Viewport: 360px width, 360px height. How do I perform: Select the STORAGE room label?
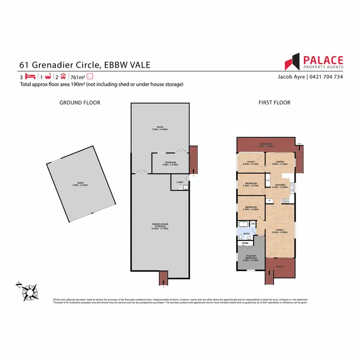pos(170,162)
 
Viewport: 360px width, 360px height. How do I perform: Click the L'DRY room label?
pos(180,181)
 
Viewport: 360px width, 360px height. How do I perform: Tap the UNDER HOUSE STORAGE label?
pos(161,226)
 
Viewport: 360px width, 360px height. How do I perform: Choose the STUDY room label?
pos(251,162)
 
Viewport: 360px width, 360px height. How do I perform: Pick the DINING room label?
pos(279,162)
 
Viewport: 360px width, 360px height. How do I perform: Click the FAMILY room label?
pos(278,230)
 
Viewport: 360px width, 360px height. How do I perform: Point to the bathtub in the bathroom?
pos(243,224)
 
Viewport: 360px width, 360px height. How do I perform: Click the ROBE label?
pos(245,243)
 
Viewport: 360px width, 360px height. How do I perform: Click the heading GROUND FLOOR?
pos(80,102)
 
